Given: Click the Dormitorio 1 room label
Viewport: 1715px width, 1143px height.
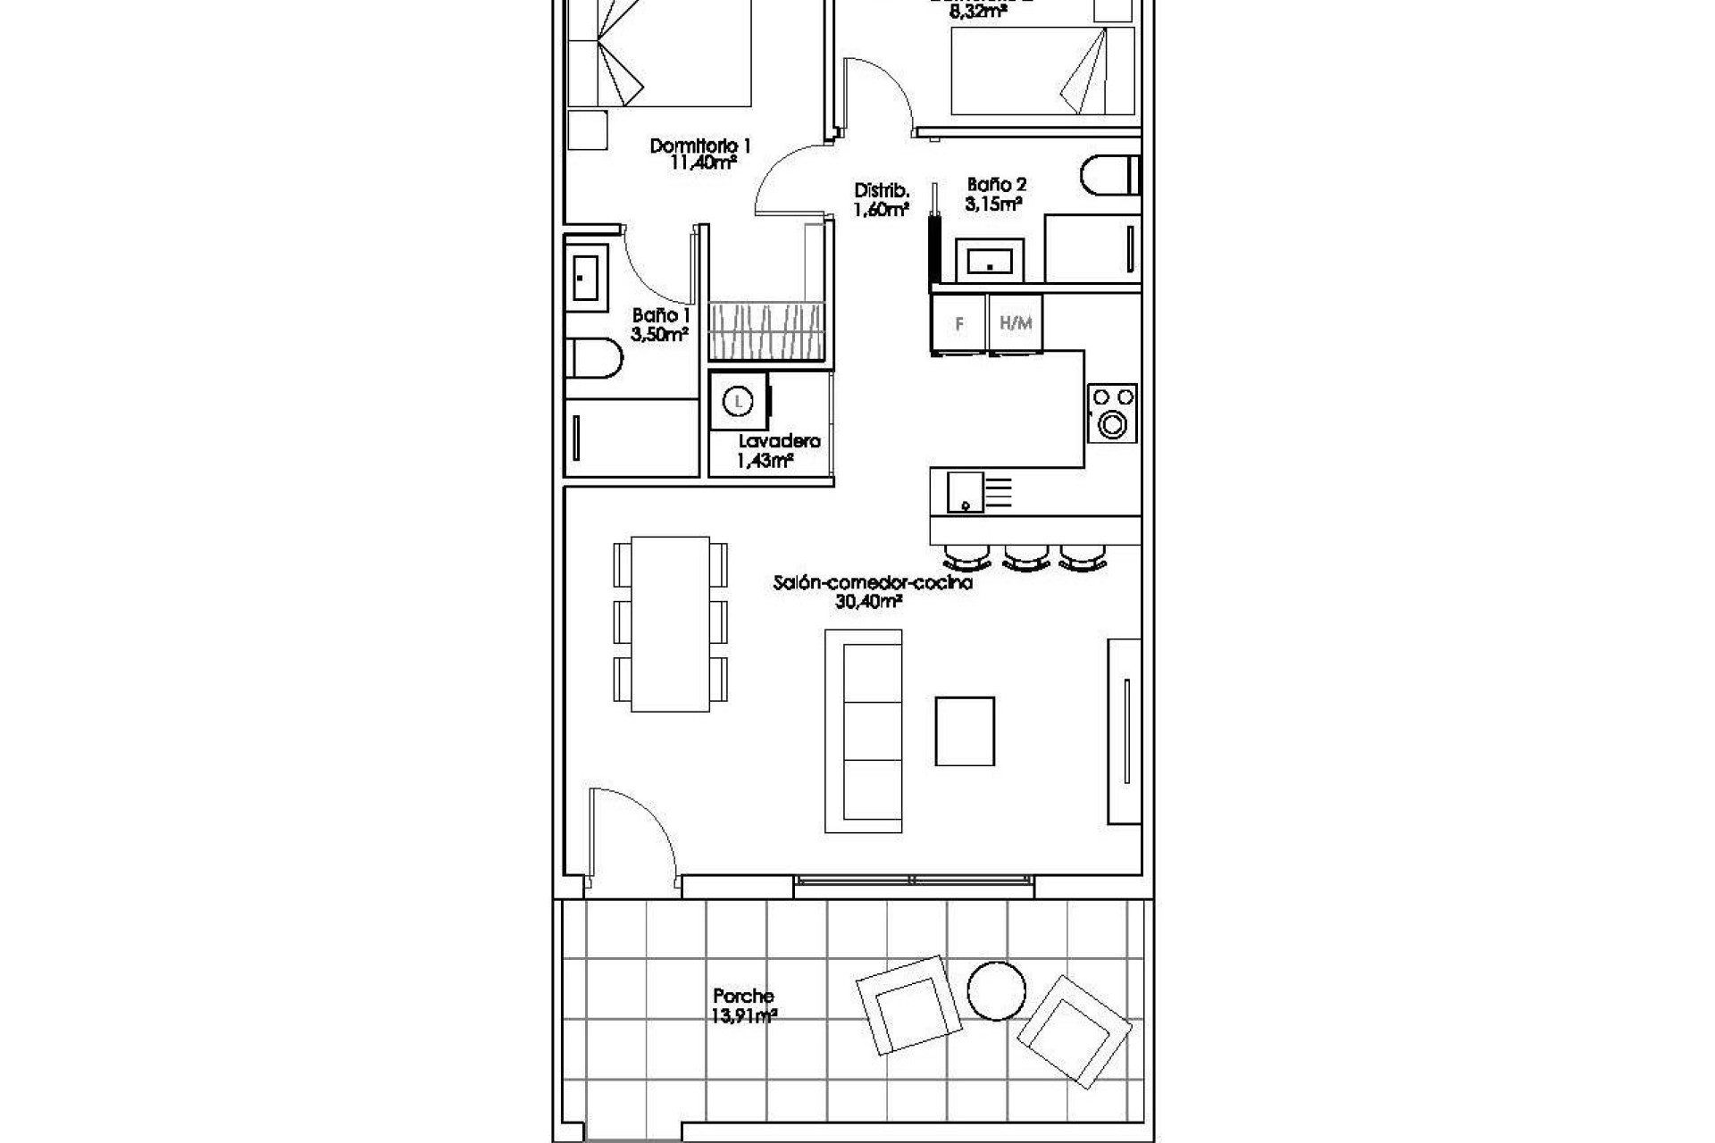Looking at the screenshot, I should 699,146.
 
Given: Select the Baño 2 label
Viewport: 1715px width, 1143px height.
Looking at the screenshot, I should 996,185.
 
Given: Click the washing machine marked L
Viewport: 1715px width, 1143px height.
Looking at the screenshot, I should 738,402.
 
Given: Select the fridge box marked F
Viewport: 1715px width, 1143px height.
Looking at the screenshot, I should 959,324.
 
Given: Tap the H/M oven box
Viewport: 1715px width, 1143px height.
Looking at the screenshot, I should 1015,323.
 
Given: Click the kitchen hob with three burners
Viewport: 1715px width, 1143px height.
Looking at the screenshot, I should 1112,413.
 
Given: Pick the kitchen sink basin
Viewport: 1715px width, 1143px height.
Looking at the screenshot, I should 966,492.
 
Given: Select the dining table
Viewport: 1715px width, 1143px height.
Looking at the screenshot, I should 670,623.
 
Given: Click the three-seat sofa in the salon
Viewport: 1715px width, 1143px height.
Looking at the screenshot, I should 863,730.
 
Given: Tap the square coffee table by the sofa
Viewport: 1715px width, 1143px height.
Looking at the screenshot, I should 965,731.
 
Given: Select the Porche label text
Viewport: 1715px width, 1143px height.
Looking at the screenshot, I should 743,996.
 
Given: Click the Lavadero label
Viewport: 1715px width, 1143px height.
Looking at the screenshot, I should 779,441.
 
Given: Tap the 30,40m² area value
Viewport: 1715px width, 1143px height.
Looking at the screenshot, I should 867,602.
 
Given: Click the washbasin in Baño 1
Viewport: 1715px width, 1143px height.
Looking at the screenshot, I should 586,278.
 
